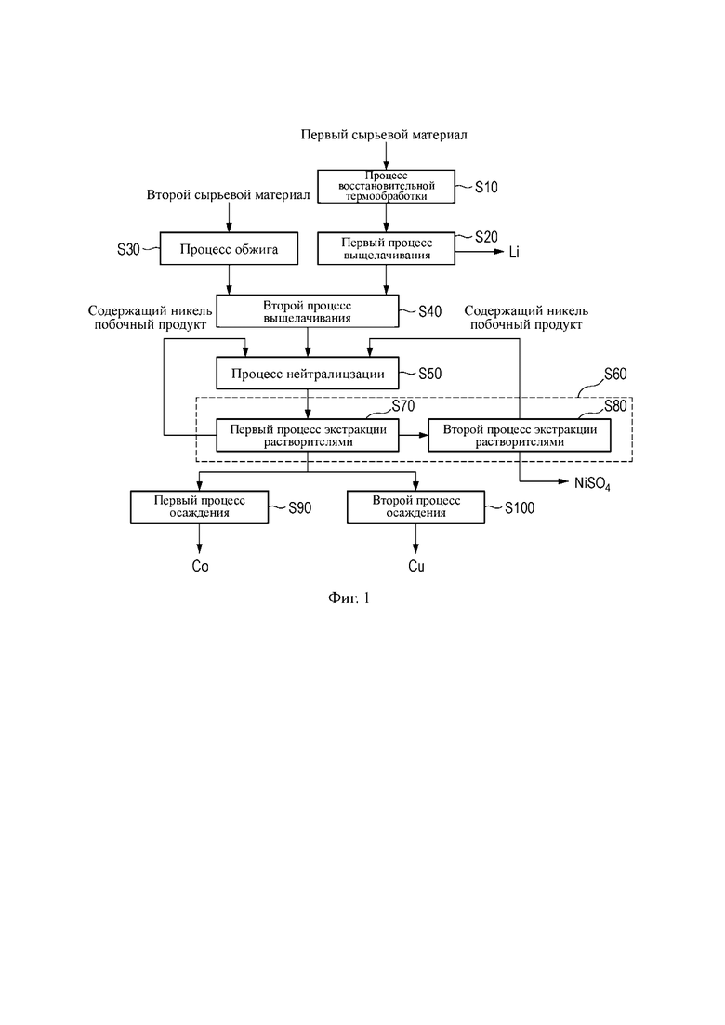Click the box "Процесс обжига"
pos(229,249)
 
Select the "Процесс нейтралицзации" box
pos(308,374)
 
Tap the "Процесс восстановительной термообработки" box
pos(387,186)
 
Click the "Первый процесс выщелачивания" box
pos(387,249)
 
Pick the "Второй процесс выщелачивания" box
pos(308,311)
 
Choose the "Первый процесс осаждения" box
pos(200,507)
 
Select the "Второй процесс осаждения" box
pos(415,507)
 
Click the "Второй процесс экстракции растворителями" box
pos(520,435)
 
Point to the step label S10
pos(486,188)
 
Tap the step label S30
pos(129,249)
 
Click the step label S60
pos(615,374)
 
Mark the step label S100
pos(520,508)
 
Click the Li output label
pos(515,253)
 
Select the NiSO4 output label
pos(593,484)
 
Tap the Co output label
pos(200,566)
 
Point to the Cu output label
pos(416,566)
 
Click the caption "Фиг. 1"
pos(349,598)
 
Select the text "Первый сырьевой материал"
pos(384,136)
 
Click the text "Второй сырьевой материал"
pos(228,195)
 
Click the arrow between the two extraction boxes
pos(414,435)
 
